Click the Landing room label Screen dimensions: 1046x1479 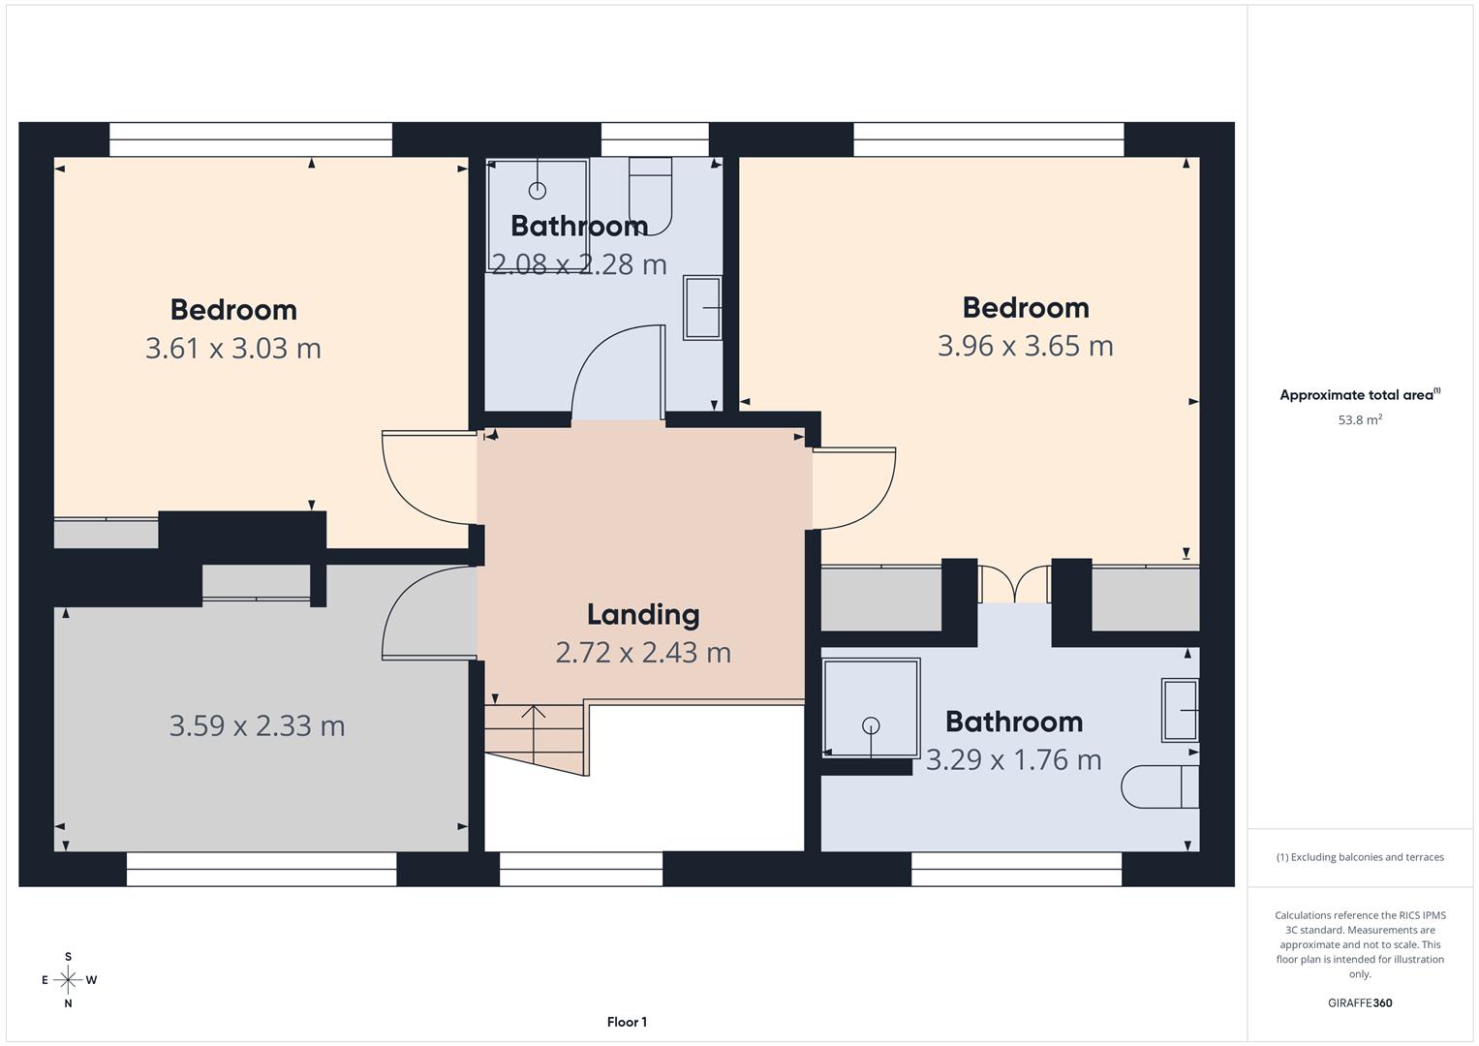(642, 614)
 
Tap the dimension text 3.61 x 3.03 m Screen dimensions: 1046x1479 (232, 348)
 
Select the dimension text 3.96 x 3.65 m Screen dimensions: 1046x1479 (1025, 346)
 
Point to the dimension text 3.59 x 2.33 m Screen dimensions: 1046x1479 (257, 725)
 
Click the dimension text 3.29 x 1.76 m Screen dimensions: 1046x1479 (1013, 760)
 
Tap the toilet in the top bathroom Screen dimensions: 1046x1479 (651, 196)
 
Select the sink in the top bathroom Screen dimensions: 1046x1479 (702, 308)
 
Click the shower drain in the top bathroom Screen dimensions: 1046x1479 (538, 191)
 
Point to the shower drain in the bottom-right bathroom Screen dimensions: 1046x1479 (871, 724)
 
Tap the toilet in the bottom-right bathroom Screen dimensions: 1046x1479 (1159, 786)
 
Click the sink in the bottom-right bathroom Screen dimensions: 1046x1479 (1180, 710)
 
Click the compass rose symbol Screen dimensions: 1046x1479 (68, 980)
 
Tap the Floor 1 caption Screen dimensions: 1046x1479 (627, 1022)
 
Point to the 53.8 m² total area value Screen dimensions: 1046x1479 (1360, 420)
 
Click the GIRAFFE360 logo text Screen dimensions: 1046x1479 (1360, 1003)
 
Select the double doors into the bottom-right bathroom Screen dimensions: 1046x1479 (1014, 585)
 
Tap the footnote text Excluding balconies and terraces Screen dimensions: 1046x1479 (1360, 857)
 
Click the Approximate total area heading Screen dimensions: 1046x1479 (1360, 395)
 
